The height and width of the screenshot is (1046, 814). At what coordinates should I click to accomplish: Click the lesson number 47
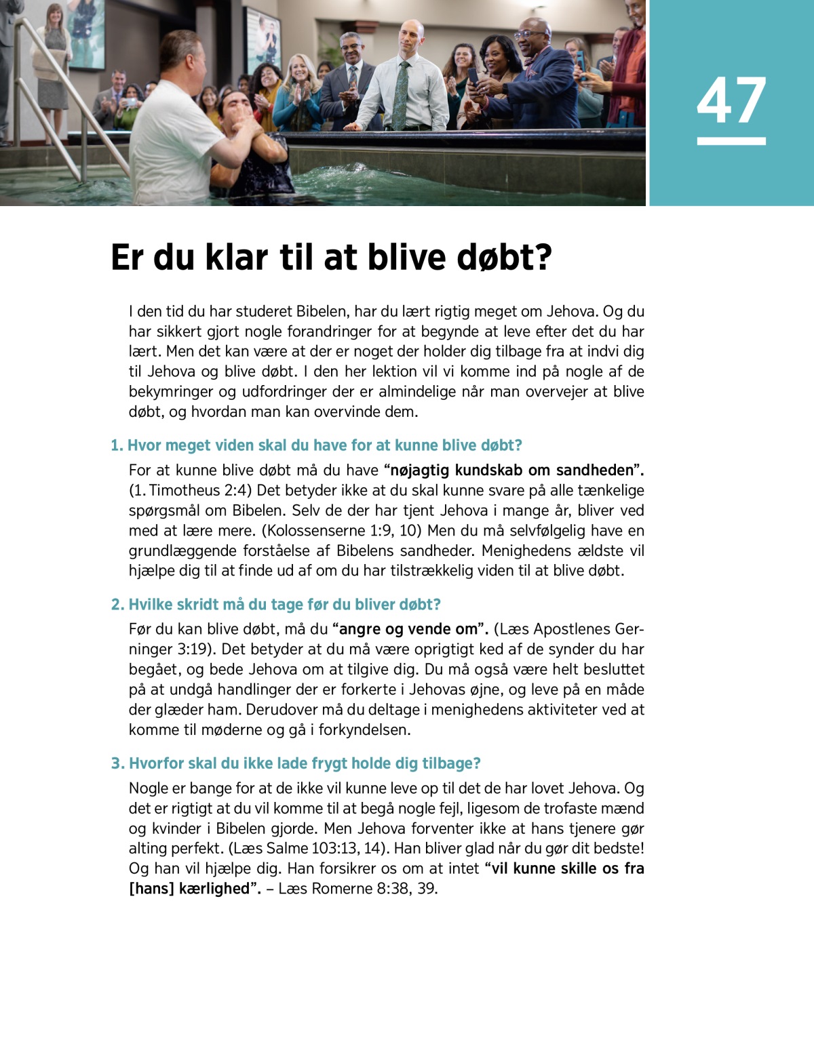click(731, 100)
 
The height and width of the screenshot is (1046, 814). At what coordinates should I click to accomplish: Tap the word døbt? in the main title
click(505, 258)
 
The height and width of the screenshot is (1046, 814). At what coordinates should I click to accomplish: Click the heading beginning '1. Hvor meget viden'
click(316, 445)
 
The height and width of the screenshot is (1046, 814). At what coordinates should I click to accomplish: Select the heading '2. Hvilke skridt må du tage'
click(275, 604)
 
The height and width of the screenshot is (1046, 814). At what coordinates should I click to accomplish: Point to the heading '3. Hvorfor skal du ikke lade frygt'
click(296, 763)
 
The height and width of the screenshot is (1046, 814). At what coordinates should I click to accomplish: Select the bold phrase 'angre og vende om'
click(408, 629)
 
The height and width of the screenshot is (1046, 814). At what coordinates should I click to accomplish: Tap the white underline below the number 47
click(731, 141)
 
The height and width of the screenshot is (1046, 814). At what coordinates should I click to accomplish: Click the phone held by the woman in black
click(473, 75)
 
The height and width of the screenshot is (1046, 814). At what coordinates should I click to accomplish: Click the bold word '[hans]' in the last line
click(151, 888)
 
